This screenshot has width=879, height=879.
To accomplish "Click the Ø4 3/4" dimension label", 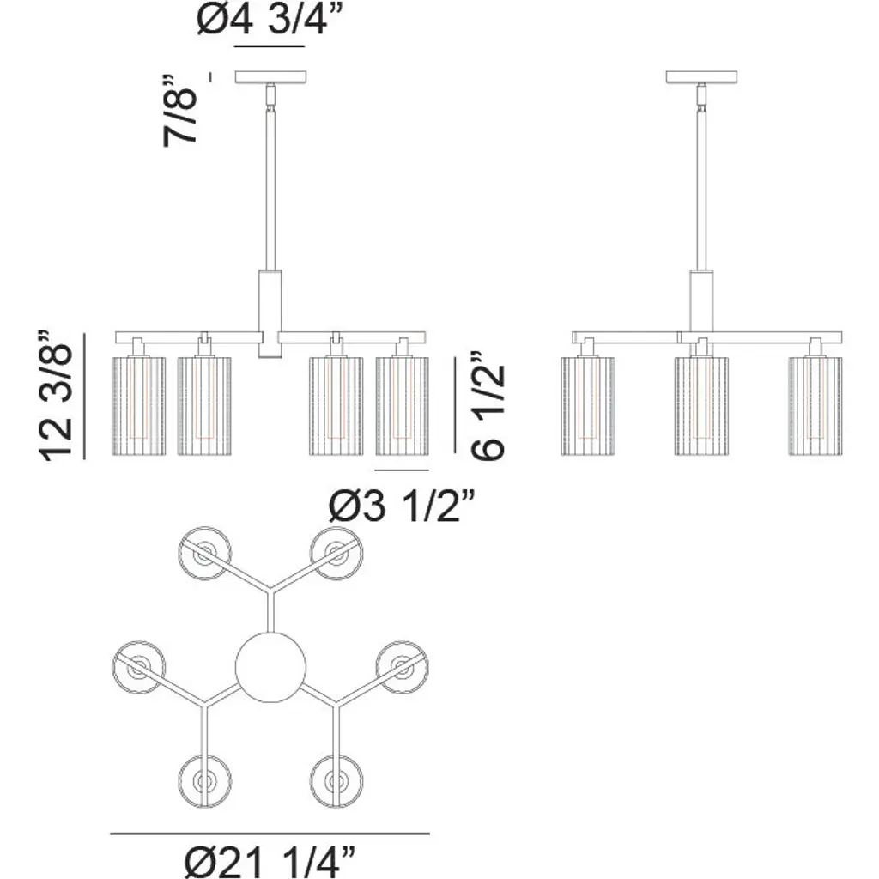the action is pos(269,21).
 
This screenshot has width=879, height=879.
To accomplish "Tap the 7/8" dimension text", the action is pos(181,111).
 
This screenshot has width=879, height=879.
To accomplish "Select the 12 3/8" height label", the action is pos(56,396).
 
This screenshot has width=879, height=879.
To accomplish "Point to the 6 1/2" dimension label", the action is pos(488,406).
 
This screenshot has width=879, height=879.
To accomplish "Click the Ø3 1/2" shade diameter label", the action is pos(402,506).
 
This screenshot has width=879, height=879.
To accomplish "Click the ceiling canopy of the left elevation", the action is pos(270,77).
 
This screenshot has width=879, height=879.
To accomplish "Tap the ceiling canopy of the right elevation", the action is pos(701,77).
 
